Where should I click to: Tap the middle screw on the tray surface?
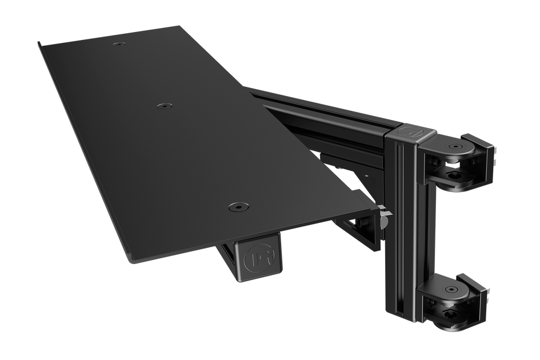pyautogui.click(x=165, y=106)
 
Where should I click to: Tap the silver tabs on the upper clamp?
pyautogui.click(x=495, y=157)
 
